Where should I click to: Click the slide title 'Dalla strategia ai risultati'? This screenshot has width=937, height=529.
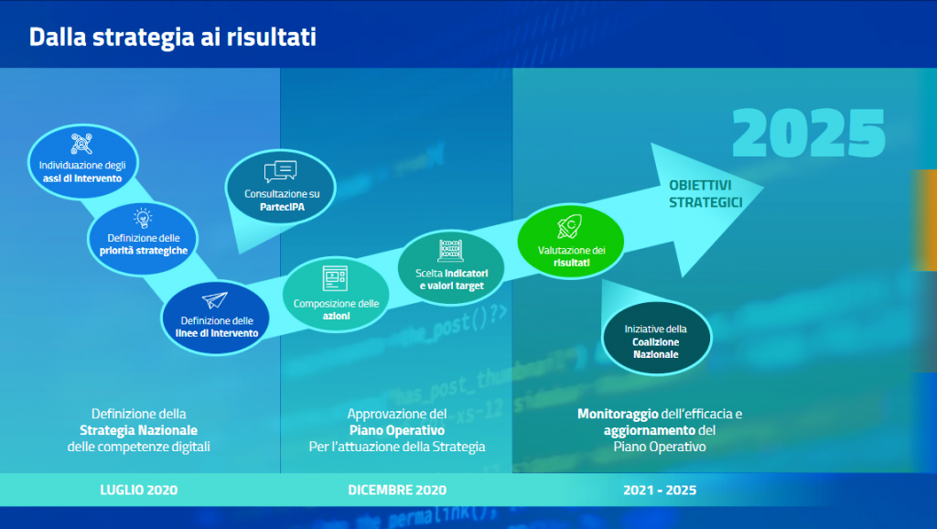[x=173, y=37]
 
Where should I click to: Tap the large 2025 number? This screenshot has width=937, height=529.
[x=809, y=134]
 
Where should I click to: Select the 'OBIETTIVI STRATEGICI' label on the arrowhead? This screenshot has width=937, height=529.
[x=705, y=194]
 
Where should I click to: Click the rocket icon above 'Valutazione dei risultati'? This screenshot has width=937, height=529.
[x=570, y=227]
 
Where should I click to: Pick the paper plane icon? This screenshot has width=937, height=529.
[x=214, y=300]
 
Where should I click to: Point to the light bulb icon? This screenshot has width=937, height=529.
[x=143, y=218]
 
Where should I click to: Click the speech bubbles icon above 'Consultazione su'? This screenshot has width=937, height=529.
[x=280, y=171]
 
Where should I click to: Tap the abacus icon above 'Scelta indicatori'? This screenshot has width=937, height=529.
[x=450, y=251]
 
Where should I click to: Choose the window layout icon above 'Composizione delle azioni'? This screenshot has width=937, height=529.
[x=335, y=278]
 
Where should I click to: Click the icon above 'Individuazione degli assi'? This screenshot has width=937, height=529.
[x=81, y=144]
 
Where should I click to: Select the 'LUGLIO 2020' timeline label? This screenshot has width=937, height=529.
[x=139, y=491]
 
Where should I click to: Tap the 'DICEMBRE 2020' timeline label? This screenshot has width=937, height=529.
[x=397, y=491]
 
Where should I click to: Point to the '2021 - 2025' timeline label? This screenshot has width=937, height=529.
[x=660, y=491]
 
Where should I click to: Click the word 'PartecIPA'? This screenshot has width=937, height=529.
[x=282, y=207]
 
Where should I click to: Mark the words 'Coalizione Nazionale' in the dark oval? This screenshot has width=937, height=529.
[x=655, y=348]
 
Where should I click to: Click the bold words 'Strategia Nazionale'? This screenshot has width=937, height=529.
[x=139, y=430]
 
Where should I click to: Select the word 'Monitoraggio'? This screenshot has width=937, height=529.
[x=618, y=414]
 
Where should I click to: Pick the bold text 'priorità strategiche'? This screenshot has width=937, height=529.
[x=144, y=251]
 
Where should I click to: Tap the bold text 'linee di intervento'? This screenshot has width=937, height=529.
[x=217, y=333]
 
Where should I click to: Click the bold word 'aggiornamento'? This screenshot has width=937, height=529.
[x=650, y=430]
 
